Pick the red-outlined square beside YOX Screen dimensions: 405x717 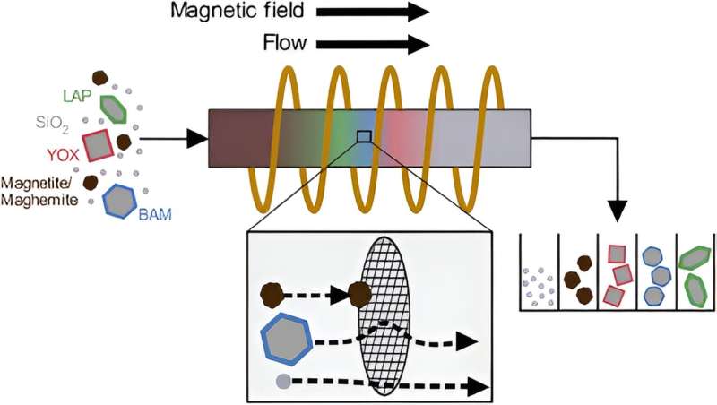(97, 144)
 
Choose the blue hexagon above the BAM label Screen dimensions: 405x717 (120, 200)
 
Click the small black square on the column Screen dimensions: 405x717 (364, 136)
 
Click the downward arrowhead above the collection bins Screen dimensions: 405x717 (618, 212)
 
